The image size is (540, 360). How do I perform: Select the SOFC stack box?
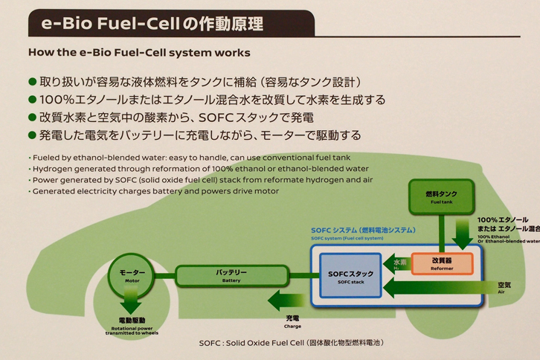[x=350, y=276]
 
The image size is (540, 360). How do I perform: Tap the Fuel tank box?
[x=441, y=196]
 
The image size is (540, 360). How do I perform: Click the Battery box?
[x=231, y=276]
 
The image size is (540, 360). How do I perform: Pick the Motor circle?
[x=132, y=276]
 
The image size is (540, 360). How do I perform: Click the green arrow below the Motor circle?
[x=132, y=303]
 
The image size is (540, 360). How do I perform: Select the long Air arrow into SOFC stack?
[x=439, y=287]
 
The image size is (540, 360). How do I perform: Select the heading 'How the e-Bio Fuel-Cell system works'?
[x=139, y=53]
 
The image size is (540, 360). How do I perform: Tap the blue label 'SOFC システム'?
[x=363, y=231]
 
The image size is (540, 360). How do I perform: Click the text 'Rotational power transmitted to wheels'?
[x=132, y=331]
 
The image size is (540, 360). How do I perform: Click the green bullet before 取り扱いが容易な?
[x=32, y=81]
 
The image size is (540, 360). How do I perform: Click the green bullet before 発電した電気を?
[x=32, y=135]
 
